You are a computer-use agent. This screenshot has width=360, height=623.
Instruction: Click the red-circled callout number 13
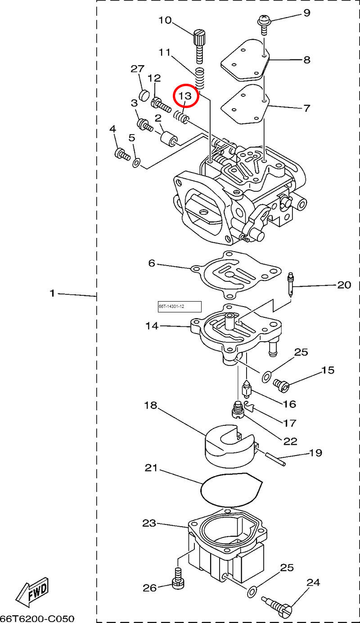click(185, 96)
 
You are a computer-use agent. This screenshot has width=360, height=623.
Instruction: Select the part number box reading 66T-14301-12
click(180, 307)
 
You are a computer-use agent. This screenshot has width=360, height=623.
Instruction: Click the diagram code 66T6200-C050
click(37, 618)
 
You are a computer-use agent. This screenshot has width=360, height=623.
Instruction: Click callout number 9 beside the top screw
click(306, 13)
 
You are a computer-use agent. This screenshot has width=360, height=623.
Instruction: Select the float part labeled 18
click(230, 446)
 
